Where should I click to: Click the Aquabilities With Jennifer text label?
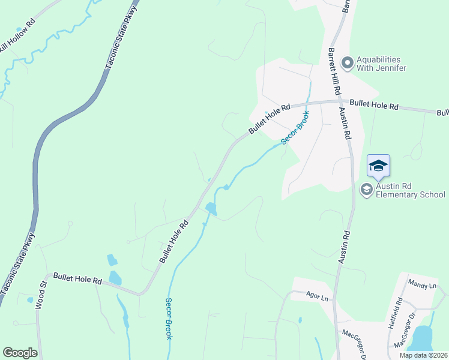[381, 64]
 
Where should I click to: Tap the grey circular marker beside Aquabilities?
[347, 62]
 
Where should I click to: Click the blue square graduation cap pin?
[378, 166]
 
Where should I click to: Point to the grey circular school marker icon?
[366, 190]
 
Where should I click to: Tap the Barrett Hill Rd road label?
[333, 71]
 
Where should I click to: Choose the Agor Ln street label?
[318, 297]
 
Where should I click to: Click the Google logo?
[20, 353]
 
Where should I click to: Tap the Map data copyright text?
[423, 355]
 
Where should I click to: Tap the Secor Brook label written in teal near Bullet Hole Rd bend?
[295, 128]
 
